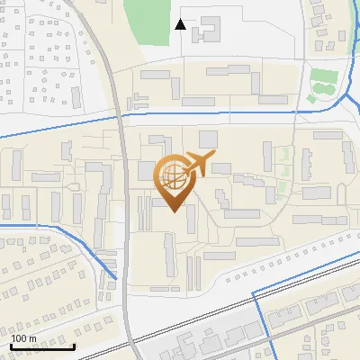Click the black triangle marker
pos(181,24)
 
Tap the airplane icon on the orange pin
pos(198,164)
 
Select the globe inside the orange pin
pos(172,176)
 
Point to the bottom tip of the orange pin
pos(173,212)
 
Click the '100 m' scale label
pos(24,338)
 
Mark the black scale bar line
pos(42,346)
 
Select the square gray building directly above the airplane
pos(208,139)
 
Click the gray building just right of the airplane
pos(221,167)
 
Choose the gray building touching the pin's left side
pos(146,171)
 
